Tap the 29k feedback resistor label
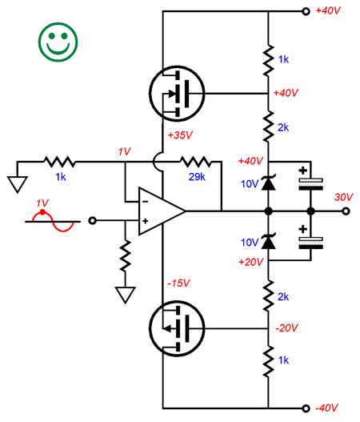coord(197,177)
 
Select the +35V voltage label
coord(180,135)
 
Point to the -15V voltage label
coord(178,283)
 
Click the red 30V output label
coord(343,197)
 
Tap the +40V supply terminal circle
coord(306,11)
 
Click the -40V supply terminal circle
coord(306,408)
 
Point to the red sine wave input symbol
coord(53,221)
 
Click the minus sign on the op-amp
coord(145,201)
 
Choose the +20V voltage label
coord(251,262)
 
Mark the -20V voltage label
coord(287,328)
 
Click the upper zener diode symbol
coord(268,183)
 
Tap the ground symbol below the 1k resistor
coord(18,184)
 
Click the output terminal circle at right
coord(346,211)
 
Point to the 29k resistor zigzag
coord(196,162)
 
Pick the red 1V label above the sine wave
coord(42,203)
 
